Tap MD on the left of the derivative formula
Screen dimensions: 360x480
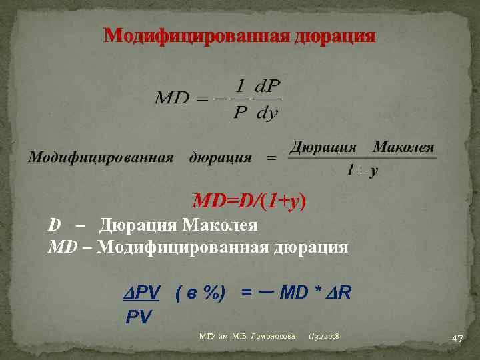172,99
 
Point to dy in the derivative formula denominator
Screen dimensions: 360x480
267,113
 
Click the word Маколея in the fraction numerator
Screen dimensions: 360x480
403,147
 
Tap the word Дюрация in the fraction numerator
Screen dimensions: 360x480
323,147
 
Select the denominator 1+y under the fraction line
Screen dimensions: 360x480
362,171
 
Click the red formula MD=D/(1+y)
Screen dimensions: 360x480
249,201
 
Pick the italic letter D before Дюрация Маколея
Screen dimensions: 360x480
54,225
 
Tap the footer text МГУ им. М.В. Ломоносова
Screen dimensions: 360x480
247,339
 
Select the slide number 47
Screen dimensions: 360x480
457,339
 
